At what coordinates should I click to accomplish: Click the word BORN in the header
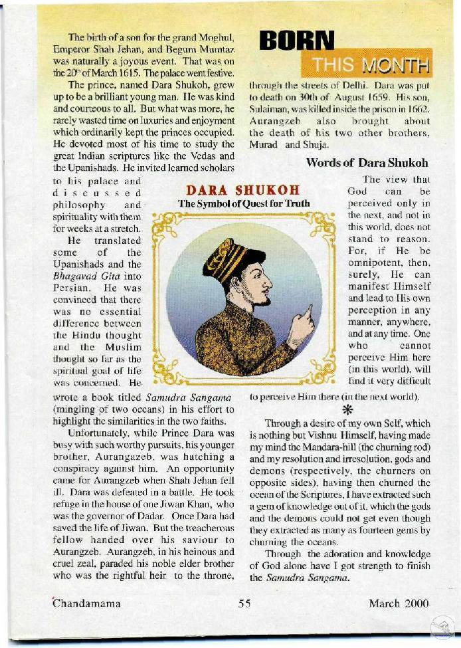click(x=296, y=42)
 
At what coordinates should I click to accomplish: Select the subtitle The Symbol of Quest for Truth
click(x=244, y=204)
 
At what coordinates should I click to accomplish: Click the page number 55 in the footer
click(x=244, y=604)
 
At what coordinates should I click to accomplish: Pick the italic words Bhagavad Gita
click(x=97, y=276)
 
